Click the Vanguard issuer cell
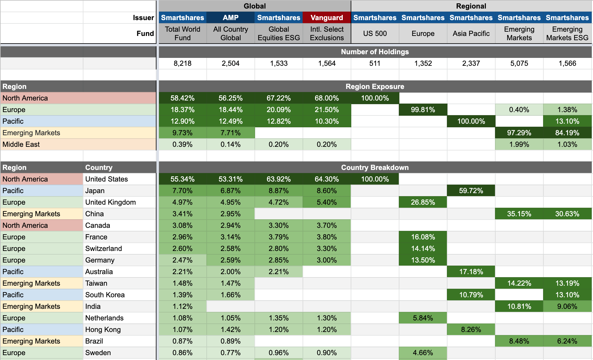327,18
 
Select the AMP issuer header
230,18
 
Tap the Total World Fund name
182,34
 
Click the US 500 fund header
375,34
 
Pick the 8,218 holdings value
182,63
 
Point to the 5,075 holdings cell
519,63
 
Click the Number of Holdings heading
375,52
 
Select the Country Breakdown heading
375,168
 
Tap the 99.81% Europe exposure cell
423,110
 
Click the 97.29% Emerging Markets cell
519,133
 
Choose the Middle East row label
21,144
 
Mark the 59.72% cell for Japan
471,191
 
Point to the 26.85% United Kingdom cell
423,202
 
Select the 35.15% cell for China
519,214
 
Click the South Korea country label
105,295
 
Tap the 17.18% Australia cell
471,272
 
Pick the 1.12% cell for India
182,306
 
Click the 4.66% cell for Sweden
423,353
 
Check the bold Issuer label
143,18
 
